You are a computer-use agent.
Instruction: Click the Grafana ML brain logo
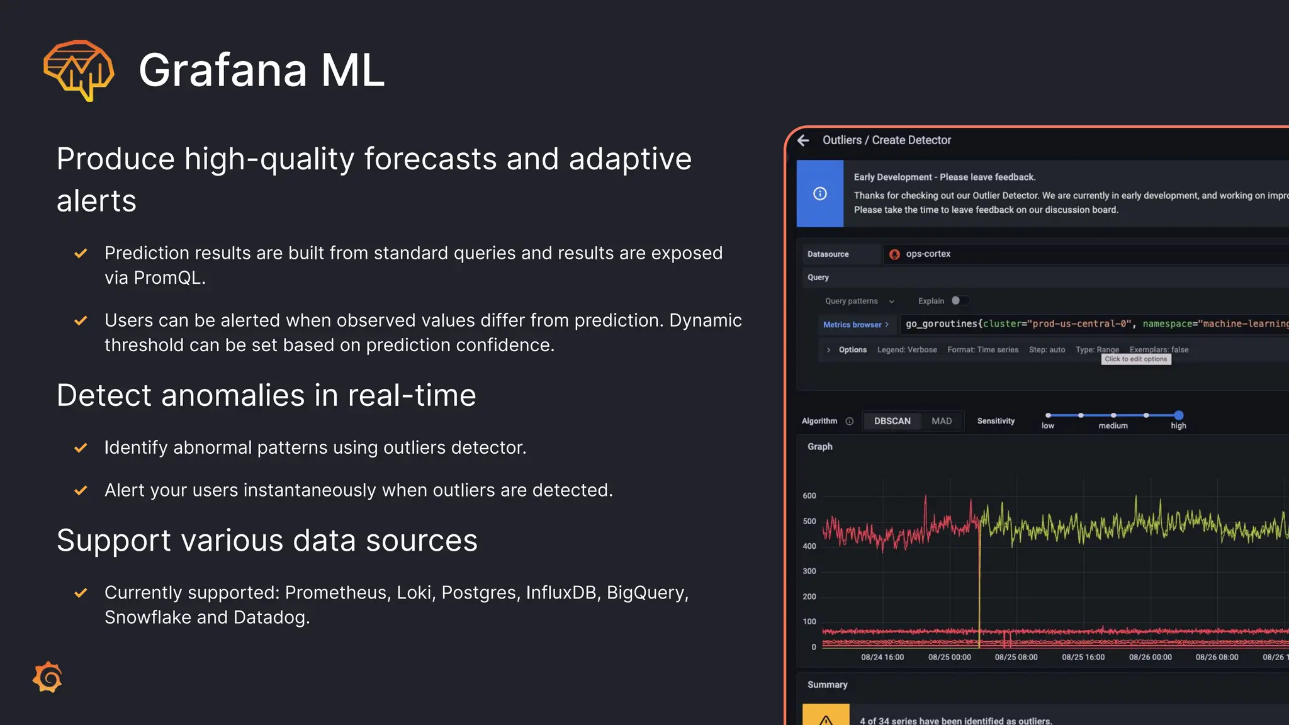[79, 70]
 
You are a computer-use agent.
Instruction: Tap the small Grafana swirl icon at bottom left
[48, 677]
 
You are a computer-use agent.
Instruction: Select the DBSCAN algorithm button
[892, 421]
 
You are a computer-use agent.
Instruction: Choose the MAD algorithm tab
[942, 421]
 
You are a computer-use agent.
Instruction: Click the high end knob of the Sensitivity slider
[1178, 415]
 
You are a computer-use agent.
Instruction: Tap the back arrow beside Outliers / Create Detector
[804, 140]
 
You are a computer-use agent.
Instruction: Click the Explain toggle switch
[959, 301]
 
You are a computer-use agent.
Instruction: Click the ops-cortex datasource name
[928, 254]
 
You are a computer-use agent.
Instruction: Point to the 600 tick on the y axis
[809, 496]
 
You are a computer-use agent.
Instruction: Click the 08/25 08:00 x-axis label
[1016, 657]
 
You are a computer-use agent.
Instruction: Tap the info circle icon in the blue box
[819, 193]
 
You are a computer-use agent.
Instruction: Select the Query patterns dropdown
[859, 301]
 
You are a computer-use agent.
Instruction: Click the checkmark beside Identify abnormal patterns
[81, 448]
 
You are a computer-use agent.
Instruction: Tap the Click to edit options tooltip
[1135, 359]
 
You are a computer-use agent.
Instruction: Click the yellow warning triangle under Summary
[826, 719]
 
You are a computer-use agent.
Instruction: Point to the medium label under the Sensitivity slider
[1113, 426]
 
